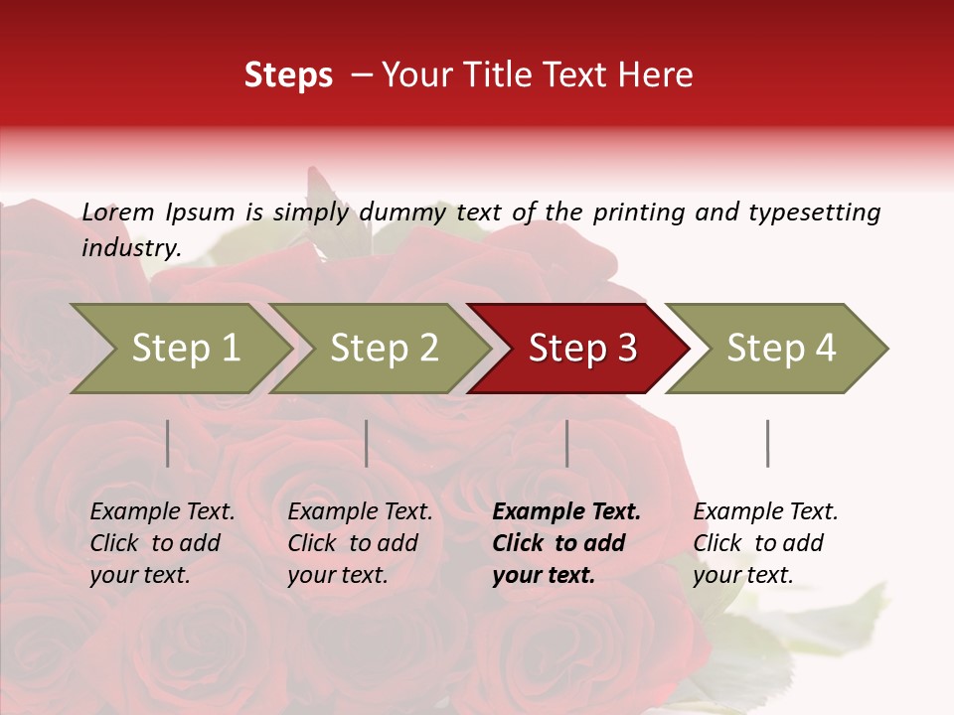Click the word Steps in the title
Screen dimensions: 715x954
pos(288,75)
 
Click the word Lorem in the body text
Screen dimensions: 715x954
pos(118,212)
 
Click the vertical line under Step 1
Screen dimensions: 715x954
pos(168,443)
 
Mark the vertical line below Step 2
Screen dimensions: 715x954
pos(367,443)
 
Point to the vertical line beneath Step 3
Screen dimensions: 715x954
pos(567,443)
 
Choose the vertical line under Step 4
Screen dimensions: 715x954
pos(767,443)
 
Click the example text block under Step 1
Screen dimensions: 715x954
pos(162,543)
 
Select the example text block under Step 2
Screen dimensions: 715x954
pos(360,543)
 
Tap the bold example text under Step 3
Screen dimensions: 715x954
pos(566,543)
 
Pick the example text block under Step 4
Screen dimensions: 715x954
pos(765,543)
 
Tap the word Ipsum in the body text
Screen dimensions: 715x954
pos(200,212)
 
